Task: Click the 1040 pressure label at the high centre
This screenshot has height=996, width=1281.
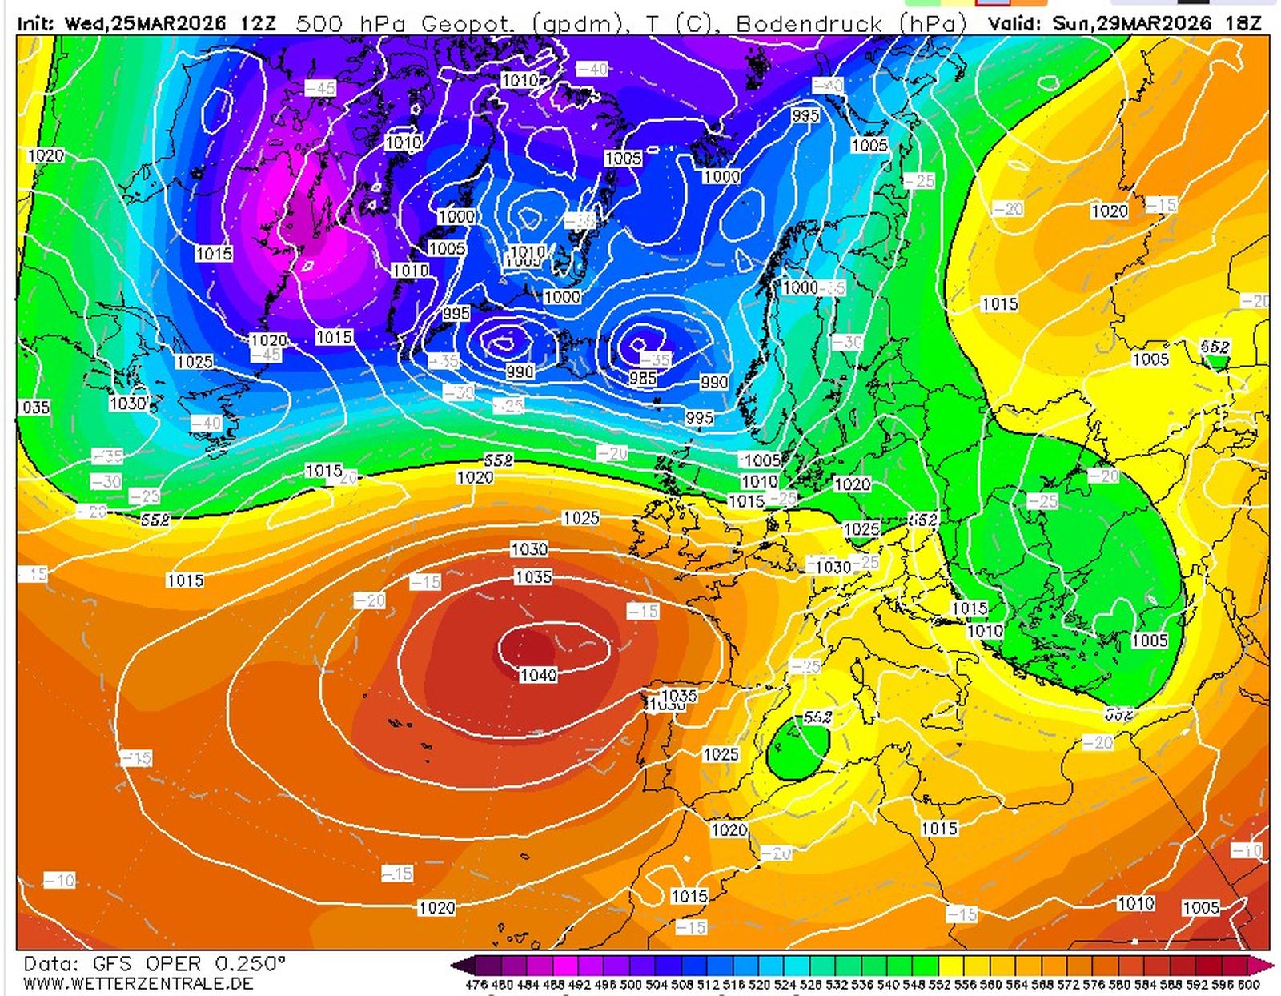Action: [538, 675]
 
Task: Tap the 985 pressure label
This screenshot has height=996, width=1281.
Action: [642, 377]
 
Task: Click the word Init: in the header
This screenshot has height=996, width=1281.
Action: [37, 23]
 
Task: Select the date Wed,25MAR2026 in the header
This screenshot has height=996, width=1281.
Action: [146, 23]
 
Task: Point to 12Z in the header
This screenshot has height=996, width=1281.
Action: [257, 23]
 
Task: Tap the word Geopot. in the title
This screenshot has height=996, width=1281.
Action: [468, 23]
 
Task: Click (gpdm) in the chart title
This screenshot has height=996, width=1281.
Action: [576, 23]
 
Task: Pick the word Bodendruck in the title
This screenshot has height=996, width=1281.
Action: [809, 23]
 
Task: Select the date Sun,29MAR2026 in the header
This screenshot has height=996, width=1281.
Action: [1132, 23]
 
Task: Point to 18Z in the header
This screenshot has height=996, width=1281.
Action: [1243, 23]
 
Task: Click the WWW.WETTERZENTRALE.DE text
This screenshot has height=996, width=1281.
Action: [139, 982]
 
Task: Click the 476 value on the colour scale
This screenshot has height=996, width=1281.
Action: [476, 984]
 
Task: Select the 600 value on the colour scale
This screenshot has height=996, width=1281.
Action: [1249, 984]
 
